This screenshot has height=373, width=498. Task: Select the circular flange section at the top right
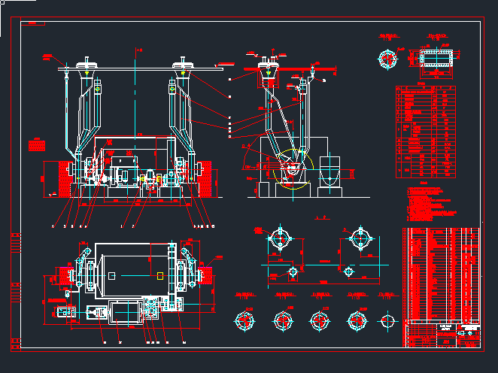[389, 59]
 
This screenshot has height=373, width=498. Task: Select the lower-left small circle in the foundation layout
[293, 270]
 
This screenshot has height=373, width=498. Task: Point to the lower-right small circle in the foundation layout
[348, 270]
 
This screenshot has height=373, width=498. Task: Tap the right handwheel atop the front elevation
[184, 63]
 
